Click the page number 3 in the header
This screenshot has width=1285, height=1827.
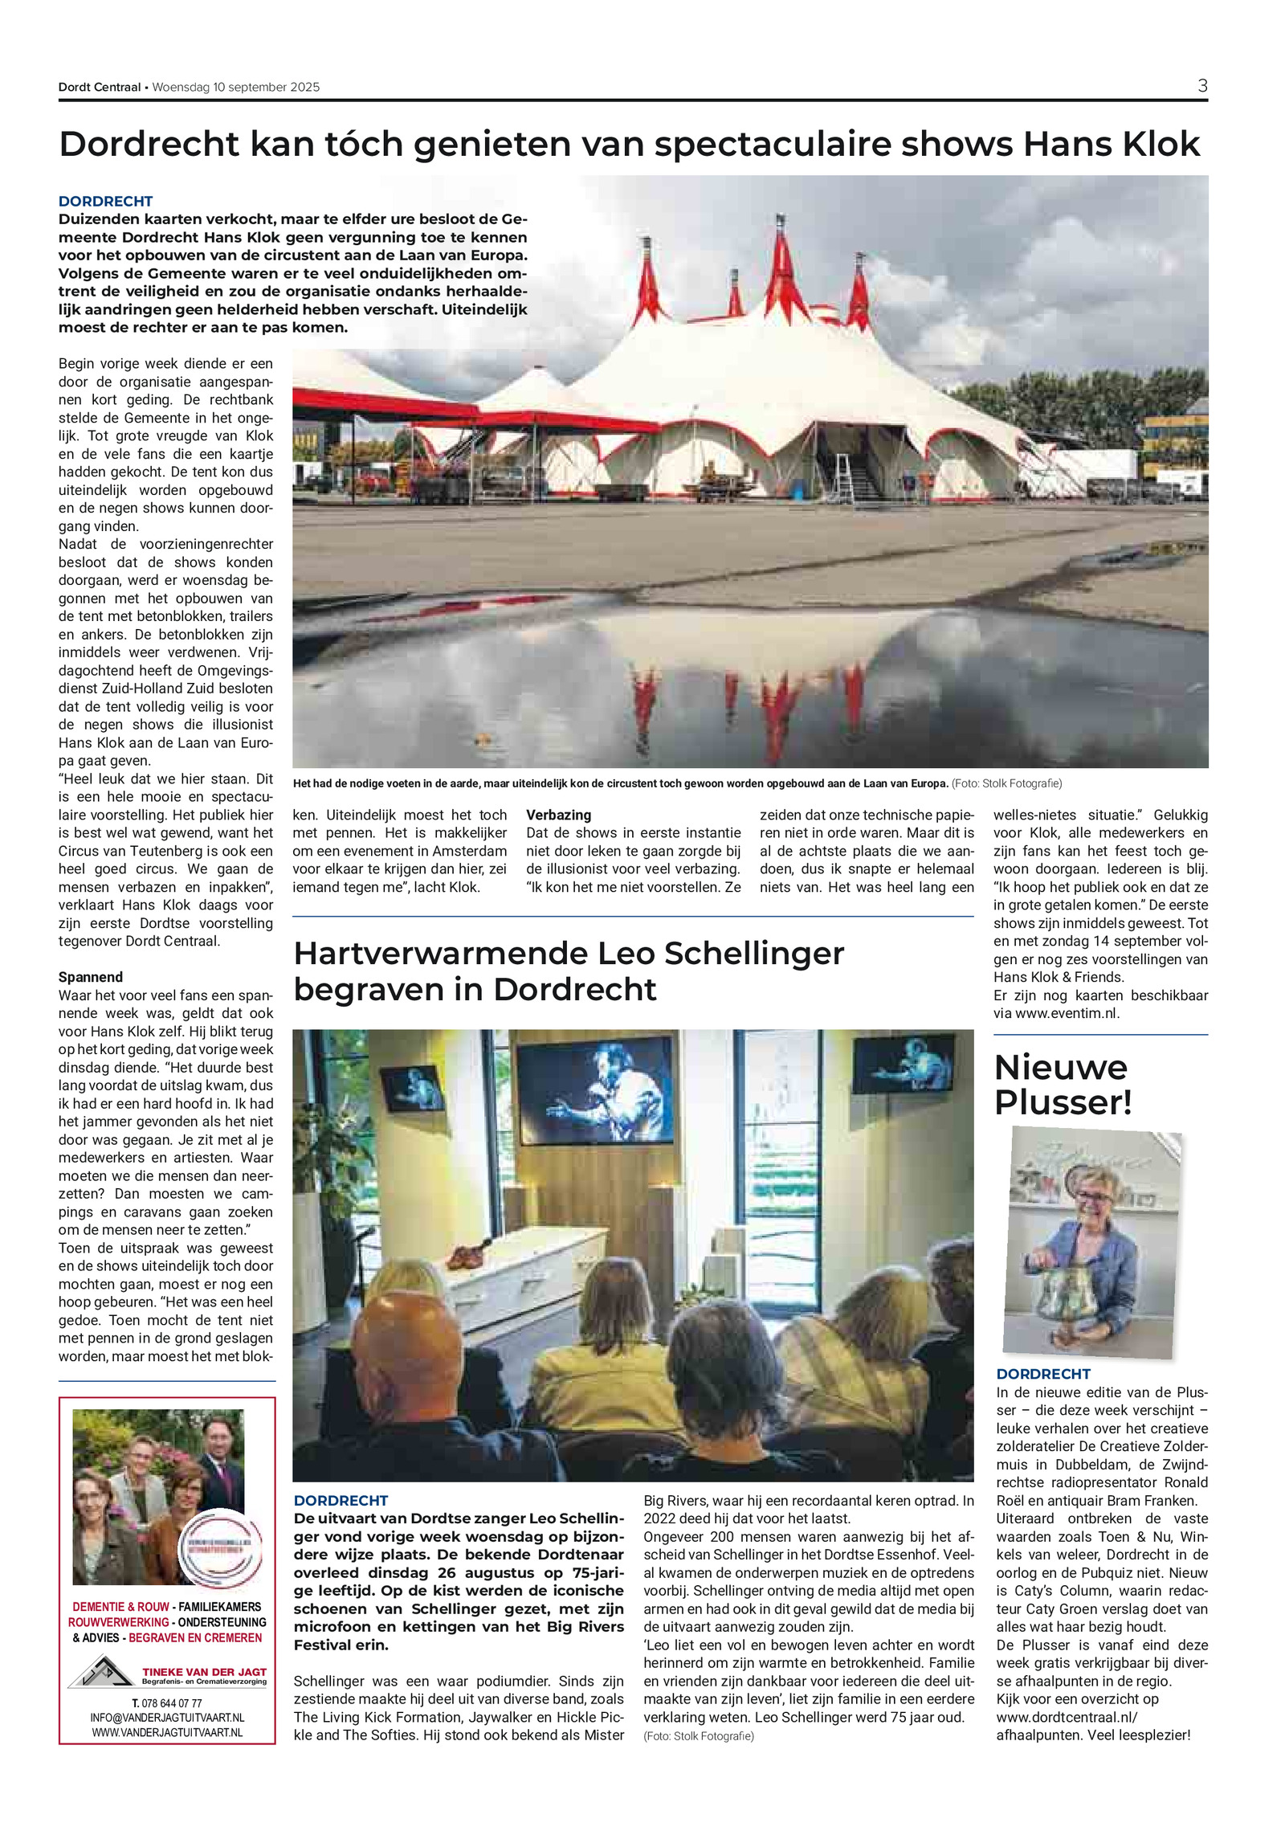pos(1202,86)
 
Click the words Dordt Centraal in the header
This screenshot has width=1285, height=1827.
pos(100,88)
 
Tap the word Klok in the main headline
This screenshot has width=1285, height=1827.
pos(1158,145)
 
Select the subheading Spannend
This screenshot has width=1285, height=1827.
pos(91,977)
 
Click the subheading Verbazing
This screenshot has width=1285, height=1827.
pos(559,815)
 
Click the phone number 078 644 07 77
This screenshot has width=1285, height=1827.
pos(167,1702)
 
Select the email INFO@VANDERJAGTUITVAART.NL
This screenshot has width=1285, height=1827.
pos(167,1718)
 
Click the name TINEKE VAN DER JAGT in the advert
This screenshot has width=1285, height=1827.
pos(204,1671)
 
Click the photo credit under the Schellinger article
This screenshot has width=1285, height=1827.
pos(698,1735)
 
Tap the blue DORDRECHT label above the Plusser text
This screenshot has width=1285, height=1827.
pos(1043,1374)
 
